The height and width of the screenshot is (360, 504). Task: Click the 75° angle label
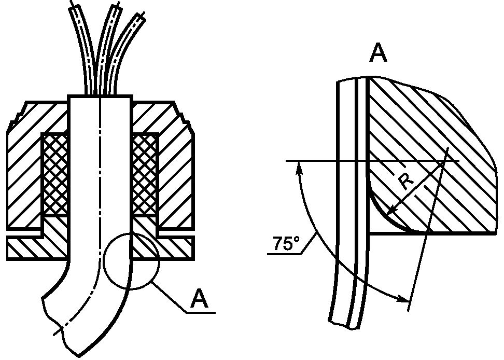tap(286, 244)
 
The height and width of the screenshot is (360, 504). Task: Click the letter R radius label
tap(406, 183)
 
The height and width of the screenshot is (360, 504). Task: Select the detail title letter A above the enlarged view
tap(379, 53)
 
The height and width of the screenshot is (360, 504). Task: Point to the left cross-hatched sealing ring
tap(55, 175)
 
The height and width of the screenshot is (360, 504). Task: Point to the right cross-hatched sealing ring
tap(144, 175)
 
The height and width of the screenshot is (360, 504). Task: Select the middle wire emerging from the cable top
tap(108, 48)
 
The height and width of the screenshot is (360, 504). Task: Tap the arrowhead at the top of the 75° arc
tap(299, 167)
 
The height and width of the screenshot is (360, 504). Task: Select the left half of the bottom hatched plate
tap(37, 248)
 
